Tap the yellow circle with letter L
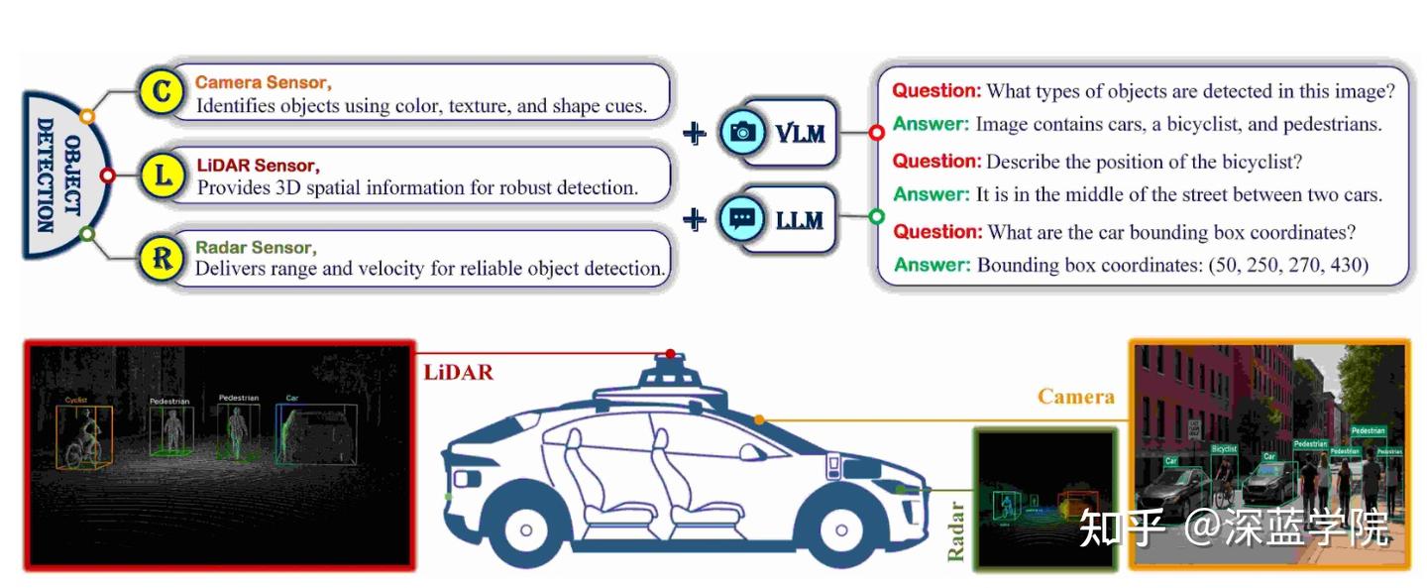point(162,176)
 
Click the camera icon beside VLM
point(741,132)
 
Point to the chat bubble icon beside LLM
point(741,217)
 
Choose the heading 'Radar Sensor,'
point(256,247)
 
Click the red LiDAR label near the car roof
point(458,373)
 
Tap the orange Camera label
point(1075,397)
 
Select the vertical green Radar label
point(956,531)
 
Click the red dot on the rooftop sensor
point(671,353)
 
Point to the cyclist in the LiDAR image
point(85,437)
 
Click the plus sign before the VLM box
point(697,132)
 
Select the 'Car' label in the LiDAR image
point(291,399)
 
